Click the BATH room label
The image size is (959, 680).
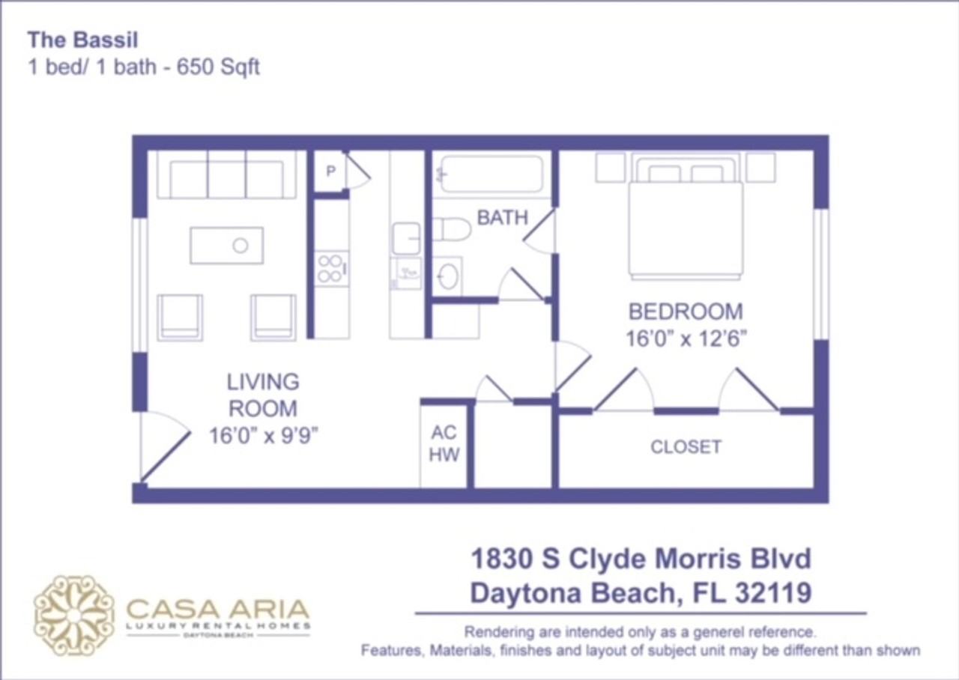pyautogui.click(x=502, y=218)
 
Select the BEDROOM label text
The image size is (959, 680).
pyautogui.click(x=686, y=312)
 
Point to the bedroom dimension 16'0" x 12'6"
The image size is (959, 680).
pyautogui.click(x=686, y=339)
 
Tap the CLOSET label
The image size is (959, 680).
pyautogui.click(x=686, y=447)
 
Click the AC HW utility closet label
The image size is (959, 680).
pyautogui.click(x=445, y=443)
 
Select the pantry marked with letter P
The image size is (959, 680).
pyautogui.click(x=330, y=171)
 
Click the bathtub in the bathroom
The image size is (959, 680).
pyautogui.click(x=491, y=174)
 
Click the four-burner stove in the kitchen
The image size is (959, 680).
pyautogui.click(x=330, y=268)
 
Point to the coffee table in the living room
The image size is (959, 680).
pyautogui.click(x=226, y=246)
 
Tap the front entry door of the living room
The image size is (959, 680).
pyautogui.click(x=164, y=448)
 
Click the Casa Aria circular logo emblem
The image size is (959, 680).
pyautogui.click(x=74, y=616)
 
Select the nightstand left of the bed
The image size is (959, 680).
pyautogui.click(x=610, y=168)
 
